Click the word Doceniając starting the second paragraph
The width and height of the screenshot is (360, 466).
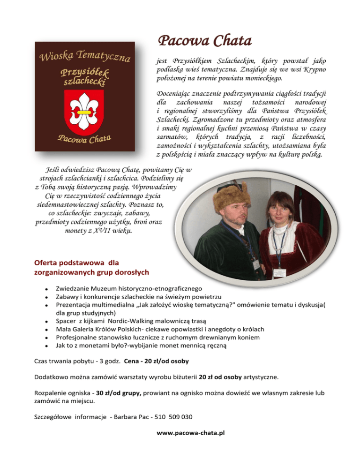coord(176,93)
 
